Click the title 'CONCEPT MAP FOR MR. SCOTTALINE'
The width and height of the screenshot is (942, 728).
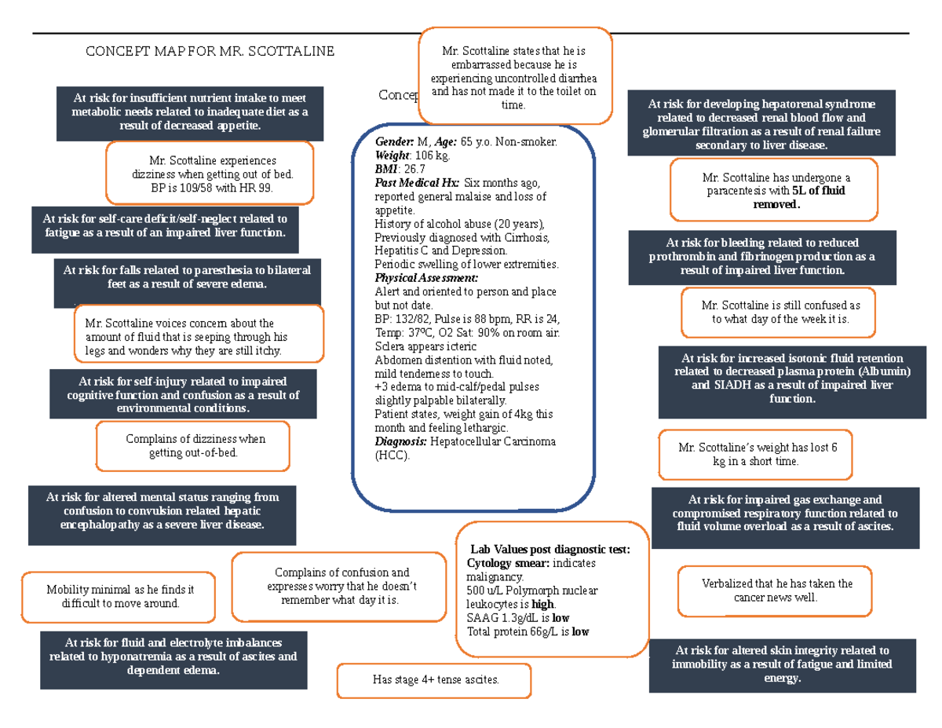coord(210,52)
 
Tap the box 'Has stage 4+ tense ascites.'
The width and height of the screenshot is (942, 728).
coord(433,680)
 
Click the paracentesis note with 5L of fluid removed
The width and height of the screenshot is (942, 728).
coord(773,191)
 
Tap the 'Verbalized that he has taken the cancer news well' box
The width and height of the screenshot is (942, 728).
coord(776,591)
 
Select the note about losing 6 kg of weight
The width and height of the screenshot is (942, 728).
coord(754,455)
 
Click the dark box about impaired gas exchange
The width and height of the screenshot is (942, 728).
coord(784,513)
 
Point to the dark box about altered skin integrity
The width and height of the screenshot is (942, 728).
coord(783,664)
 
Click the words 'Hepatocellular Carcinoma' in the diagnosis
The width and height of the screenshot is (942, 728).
coord(493,442)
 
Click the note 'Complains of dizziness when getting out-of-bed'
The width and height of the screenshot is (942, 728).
coord(192,446)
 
